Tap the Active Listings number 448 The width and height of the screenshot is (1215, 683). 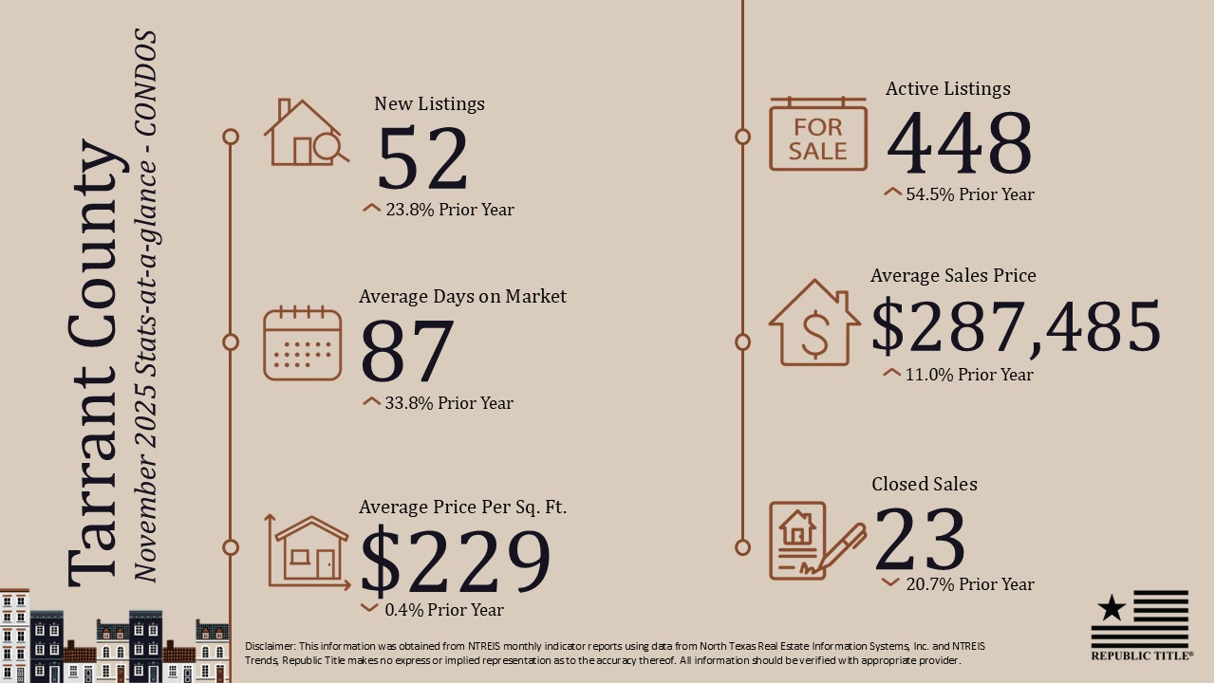coord(959,144)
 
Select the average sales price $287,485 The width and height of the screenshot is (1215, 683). coord(1016,326)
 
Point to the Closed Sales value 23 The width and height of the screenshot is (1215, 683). coord(919,539)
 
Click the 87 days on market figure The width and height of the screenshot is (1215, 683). coord(406,352)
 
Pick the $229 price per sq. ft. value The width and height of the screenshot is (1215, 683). coord(456,562)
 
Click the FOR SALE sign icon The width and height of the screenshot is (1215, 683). coord(817,134)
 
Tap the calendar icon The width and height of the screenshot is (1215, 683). coord(302,342)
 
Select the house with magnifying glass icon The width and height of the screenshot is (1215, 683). coord(306,134)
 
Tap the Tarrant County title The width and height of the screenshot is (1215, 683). coord(97,365)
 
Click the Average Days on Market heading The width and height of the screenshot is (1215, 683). coord(462,297)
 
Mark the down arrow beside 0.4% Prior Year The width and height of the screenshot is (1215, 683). coord(370,608)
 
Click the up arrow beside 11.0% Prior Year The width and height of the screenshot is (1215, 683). coord(891,373)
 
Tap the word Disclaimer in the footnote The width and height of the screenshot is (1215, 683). coord(270,646)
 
